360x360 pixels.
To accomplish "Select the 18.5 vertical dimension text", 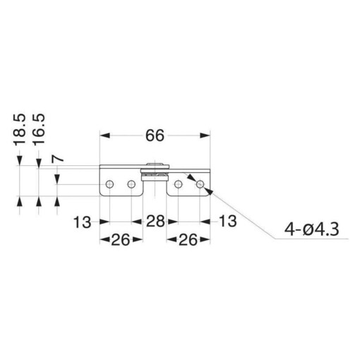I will [x=20, y=128].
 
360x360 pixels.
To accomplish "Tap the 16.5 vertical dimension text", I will [x=40, y=128].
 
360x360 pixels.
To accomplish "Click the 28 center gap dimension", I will [x=155, y=221].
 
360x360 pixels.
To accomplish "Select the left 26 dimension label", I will [x=120, y=240].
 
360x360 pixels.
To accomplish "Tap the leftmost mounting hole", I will [x=109, y=184].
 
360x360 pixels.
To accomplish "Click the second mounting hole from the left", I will [x=131, y=184].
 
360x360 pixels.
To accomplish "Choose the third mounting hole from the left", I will [x=179, y=184].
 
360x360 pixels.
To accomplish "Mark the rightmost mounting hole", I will [x=200, y=184].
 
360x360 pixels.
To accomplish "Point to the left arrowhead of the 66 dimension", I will [x=104, y=133].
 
